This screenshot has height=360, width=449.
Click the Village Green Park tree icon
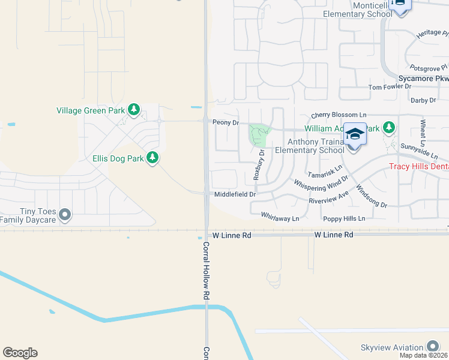(x=134, y=110)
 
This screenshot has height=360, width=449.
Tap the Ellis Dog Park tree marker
(x=153, y=158)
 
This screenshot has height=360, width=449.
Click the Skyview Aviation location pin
(x=433, y=347)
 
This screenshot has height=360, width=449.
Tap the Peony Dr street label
(x=226, y=122)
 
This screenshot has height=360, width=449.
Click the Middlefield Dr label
(x=235, y=194)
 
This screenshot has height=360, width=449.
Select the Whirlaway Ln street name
(x=280, y=219)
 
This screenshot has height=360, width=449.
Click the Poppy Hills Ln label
(x=343, y=219)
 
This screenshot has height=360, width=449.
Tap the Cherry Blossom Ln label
(x=339, y=115)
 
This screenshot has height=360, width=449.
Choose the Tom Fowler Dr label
(x=390, y=87)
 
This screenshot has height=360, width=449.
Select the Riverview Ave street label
(x=329, y=198)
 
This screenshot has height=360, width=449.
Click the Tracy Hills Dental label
(x=419, y=166)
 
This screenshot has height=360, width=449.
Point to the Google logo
(x=20, y=353)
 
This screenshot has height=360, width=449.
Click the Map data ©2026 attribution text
(x=424, y=355)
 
